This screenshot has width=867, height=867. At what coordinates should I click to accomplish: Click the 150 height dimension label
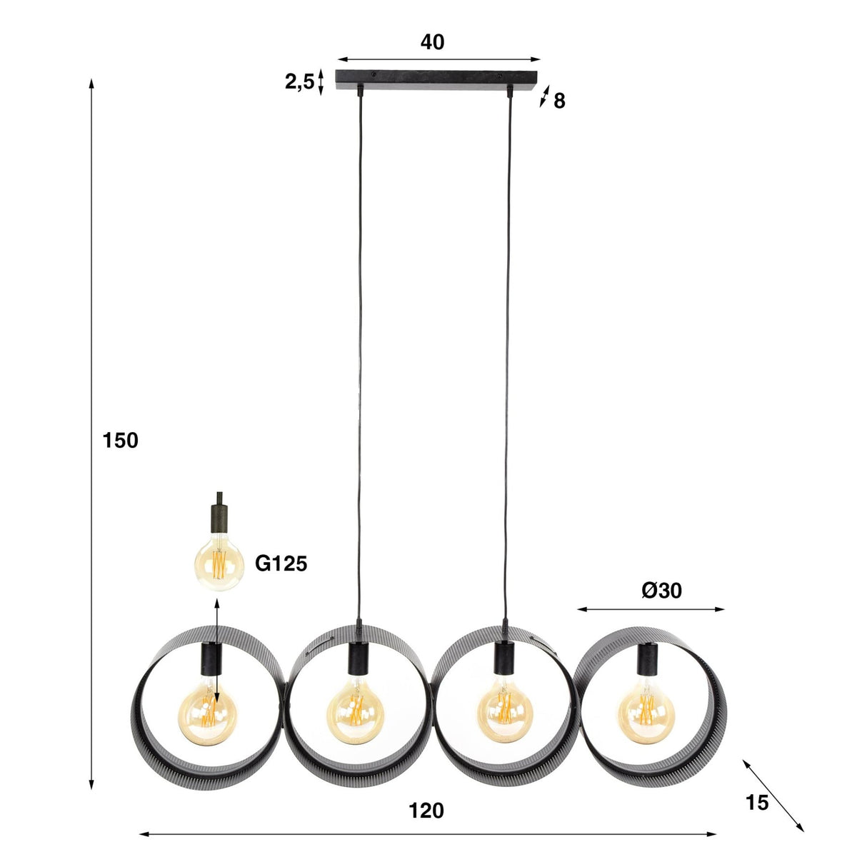point(121,441)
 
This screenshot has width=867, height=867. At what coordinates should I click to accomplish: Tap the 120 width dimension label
point(426,811)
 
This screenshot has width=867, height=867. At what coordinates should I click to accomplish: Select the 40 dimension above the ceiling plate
point(432,42)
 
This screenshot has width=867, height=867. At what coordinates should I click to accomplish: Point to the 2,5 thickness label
point(299,82)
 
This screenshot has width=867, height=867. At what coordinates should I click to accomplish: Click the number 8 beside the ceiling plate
point(559,101)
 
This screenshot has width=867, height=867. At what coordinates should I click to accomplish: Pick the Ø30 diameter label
point(661,590)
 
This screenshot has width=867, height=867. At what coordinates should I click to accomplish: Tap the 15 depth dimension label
point(757,803)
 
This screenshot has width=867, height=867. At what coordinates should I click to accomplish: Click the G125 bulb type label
point(281,564)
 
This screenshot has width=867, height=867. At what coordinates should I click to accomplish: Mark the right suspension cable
point(508,357)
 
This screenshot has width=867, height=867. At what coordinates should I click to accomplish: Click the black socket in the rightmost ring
point(648,658)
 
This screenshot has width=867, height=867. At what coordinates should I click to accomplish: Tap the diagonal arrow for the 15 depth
point(773,796)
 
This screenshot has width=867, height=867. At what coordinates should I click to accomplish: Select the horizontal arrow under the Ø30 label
point(651,609)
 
